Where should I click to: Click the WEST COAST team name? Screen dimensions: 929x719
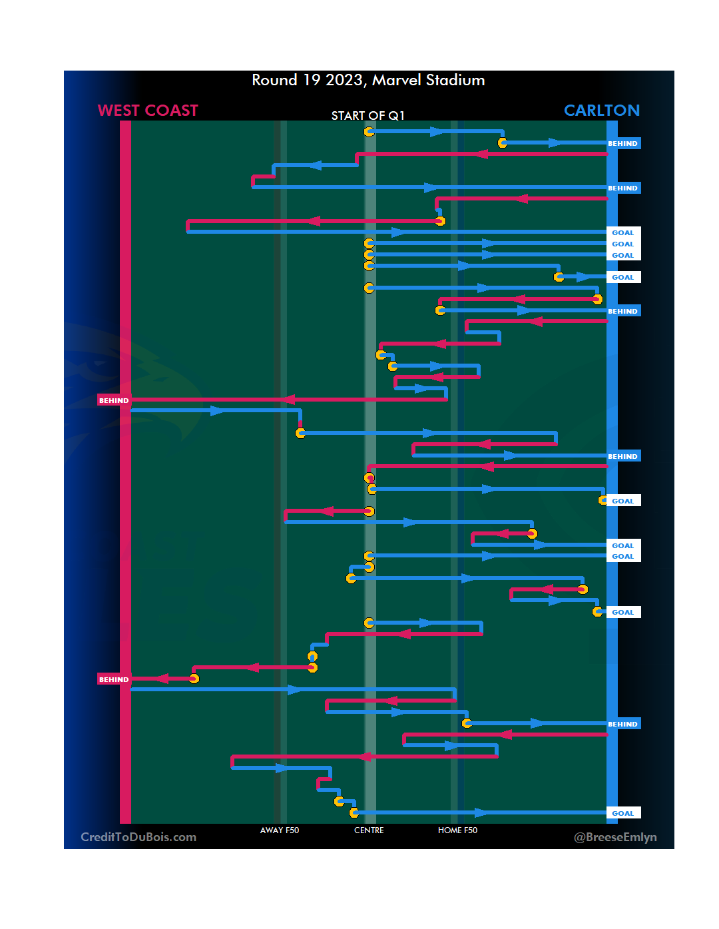click(x=148, y=111)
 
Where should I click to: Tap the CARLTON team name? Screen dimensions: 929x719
click(x=601, y=111)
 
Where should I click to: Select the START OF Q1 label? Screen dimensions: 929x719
click(x=367, y=116)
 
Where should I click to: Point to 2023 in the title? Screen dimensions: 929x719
click(x=344, y=81)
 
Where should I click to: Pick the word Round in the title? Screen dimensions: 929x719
click(x=274, y=81)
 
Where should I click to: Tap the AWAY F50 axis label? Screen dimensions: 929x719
click(x=280, y=830)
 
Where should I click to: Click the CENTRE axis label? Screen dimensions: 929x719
click(x=369, y=830)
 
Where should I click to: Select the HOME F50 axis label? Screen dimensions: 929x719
click(x=457, y=830)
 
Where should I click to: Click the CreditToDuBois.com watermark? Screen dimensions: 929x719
click(x=138, y=837)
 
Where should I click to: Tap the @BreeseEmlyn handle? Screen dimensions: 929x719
click(x=615, y=837)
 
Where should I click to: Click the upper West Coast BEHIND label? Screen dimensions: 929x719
click(x=114, y=400)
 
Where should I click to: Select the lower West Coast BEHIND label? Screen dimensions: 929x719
click(x=114, y=679)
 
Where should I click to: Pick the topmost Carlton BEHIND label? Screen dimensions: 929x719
click(x=622, y=143)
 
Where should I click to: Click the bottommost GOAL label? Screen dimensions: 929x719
click(x=622, y=813)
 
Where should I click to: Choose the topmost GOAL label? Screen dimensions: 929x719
click(x=622, y=232)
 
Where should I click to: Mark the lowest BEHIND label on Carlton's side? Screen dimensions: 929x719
click(x=622, y=724)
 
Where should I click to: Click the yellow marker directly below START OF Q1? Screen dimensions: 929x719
click(x=369, y=132)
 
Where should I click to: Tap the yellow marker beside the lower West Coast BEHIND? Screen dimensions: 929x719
click(x=194, y=679)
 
